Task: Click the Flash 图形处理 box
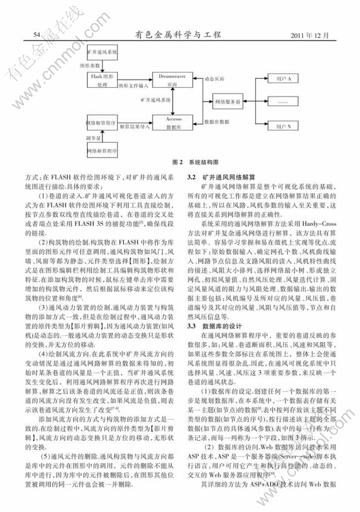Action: pyautogui.click(x=102, y=80)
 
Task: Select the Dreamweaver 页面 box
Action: pyautogui.click(x=170, y=80)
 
